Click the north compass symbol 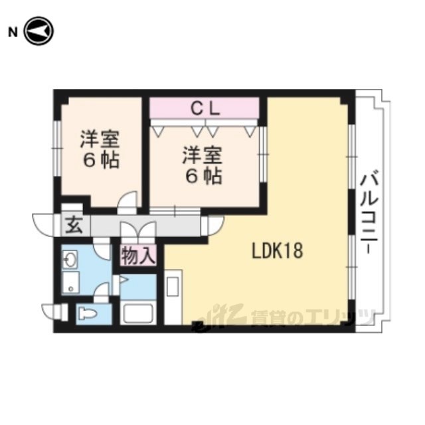tap(39, 31)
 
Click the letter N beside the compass tap(13, 33)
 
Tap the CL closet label tap(205, 109)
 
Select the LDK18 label tap(278, 251)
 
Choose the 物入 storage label tap(138, 256)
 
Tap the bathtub tap(137, 313)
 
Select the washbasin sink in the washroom tap(70, 260)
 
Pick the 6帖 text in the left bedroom tap(102, 161)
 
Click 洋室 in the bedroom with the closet tap(203, 155)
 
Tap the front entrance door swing tap(43, 225)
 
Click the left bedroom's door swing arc tap(127, 200)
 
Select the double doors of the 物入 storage tap(138, 230)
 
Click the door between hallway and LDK tap(213, 226)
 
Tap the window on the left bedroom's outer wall tap(57, 148)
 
